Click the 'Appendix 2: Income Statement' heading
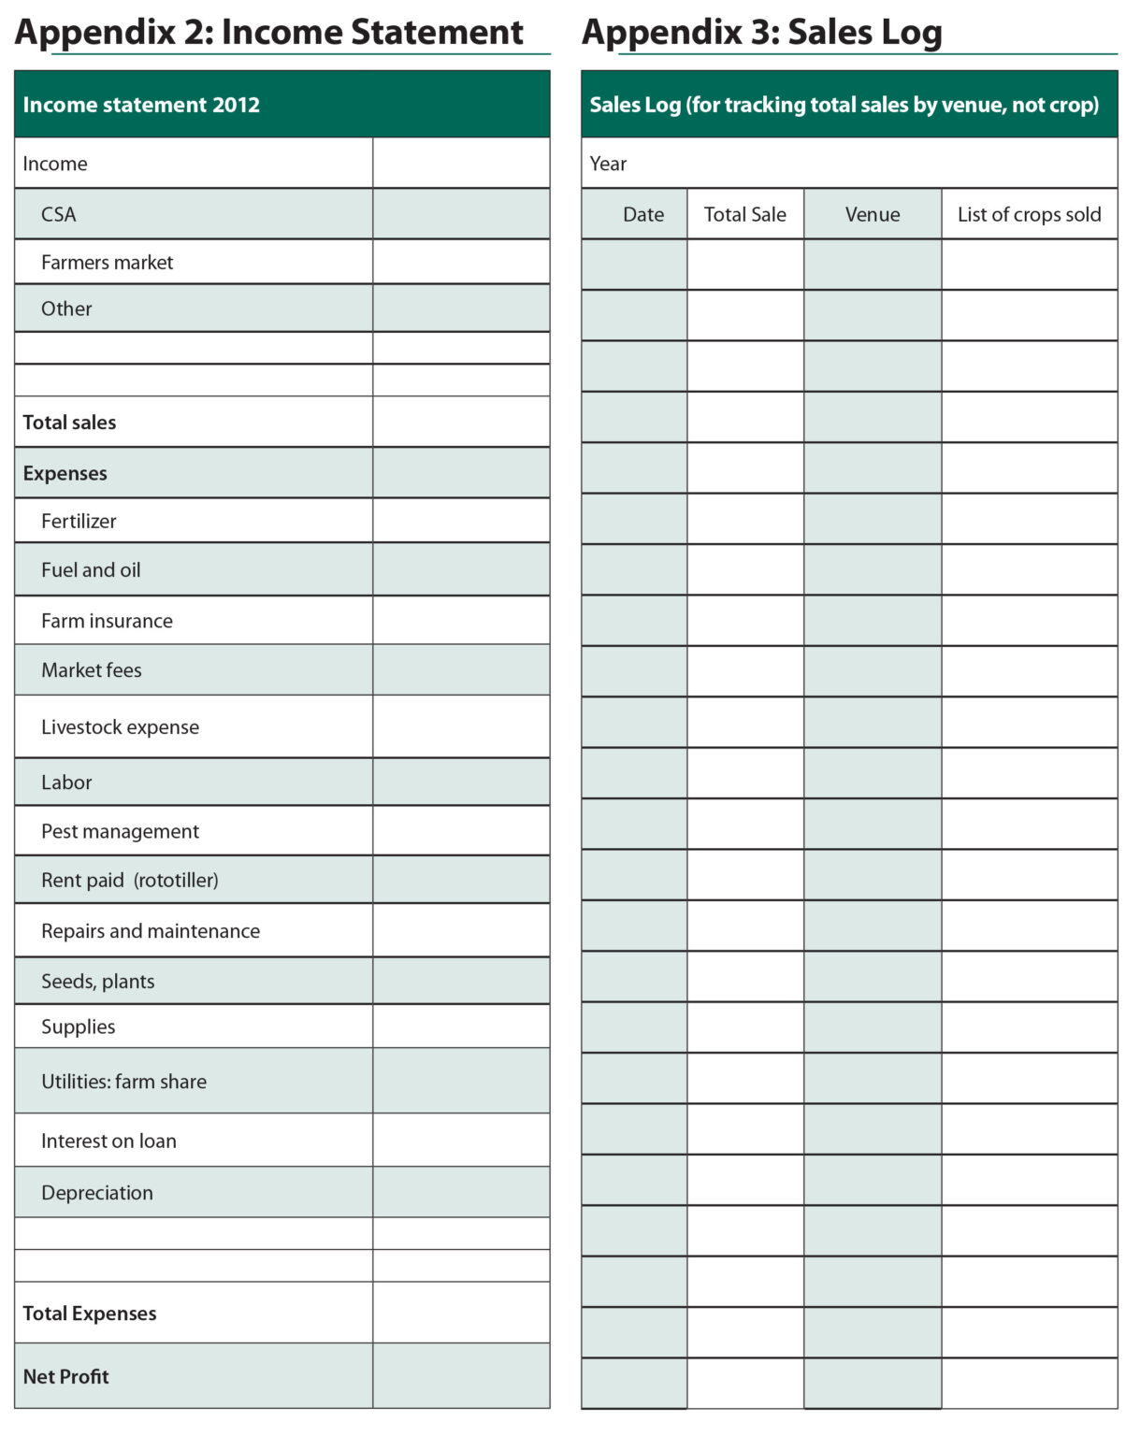pos(269,33)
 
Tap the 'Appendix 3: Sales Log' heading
pos(761,33)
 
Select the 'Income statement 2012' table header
pos(141,105)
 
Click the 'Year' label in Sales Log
pos(608,164)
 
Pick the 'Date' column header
pos(643,214)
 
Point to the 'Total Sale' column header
pos(744,214)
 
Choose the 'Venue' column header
pos(872,214)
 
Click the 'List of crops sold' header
pos(1029,214)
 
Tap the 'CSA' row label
pos(58,214)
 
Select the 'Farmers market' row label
pos(107,263)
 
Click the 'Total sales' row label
pos(69,423)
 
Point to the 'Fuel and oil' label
pos(91,570)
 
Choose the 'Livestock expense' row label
pos(120,727)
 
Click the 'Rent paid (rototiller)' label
pos(129,880)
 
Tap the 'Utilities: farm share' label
pos(123,1082)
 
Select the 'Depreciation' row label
pos(96,1193)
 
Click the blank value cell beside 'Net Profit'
pos(461,1376)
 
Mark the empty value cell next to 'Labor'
pos(461,783)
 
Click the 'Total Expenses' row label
pos(89,1314)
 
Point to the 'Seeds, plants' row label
pos(97,982)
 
